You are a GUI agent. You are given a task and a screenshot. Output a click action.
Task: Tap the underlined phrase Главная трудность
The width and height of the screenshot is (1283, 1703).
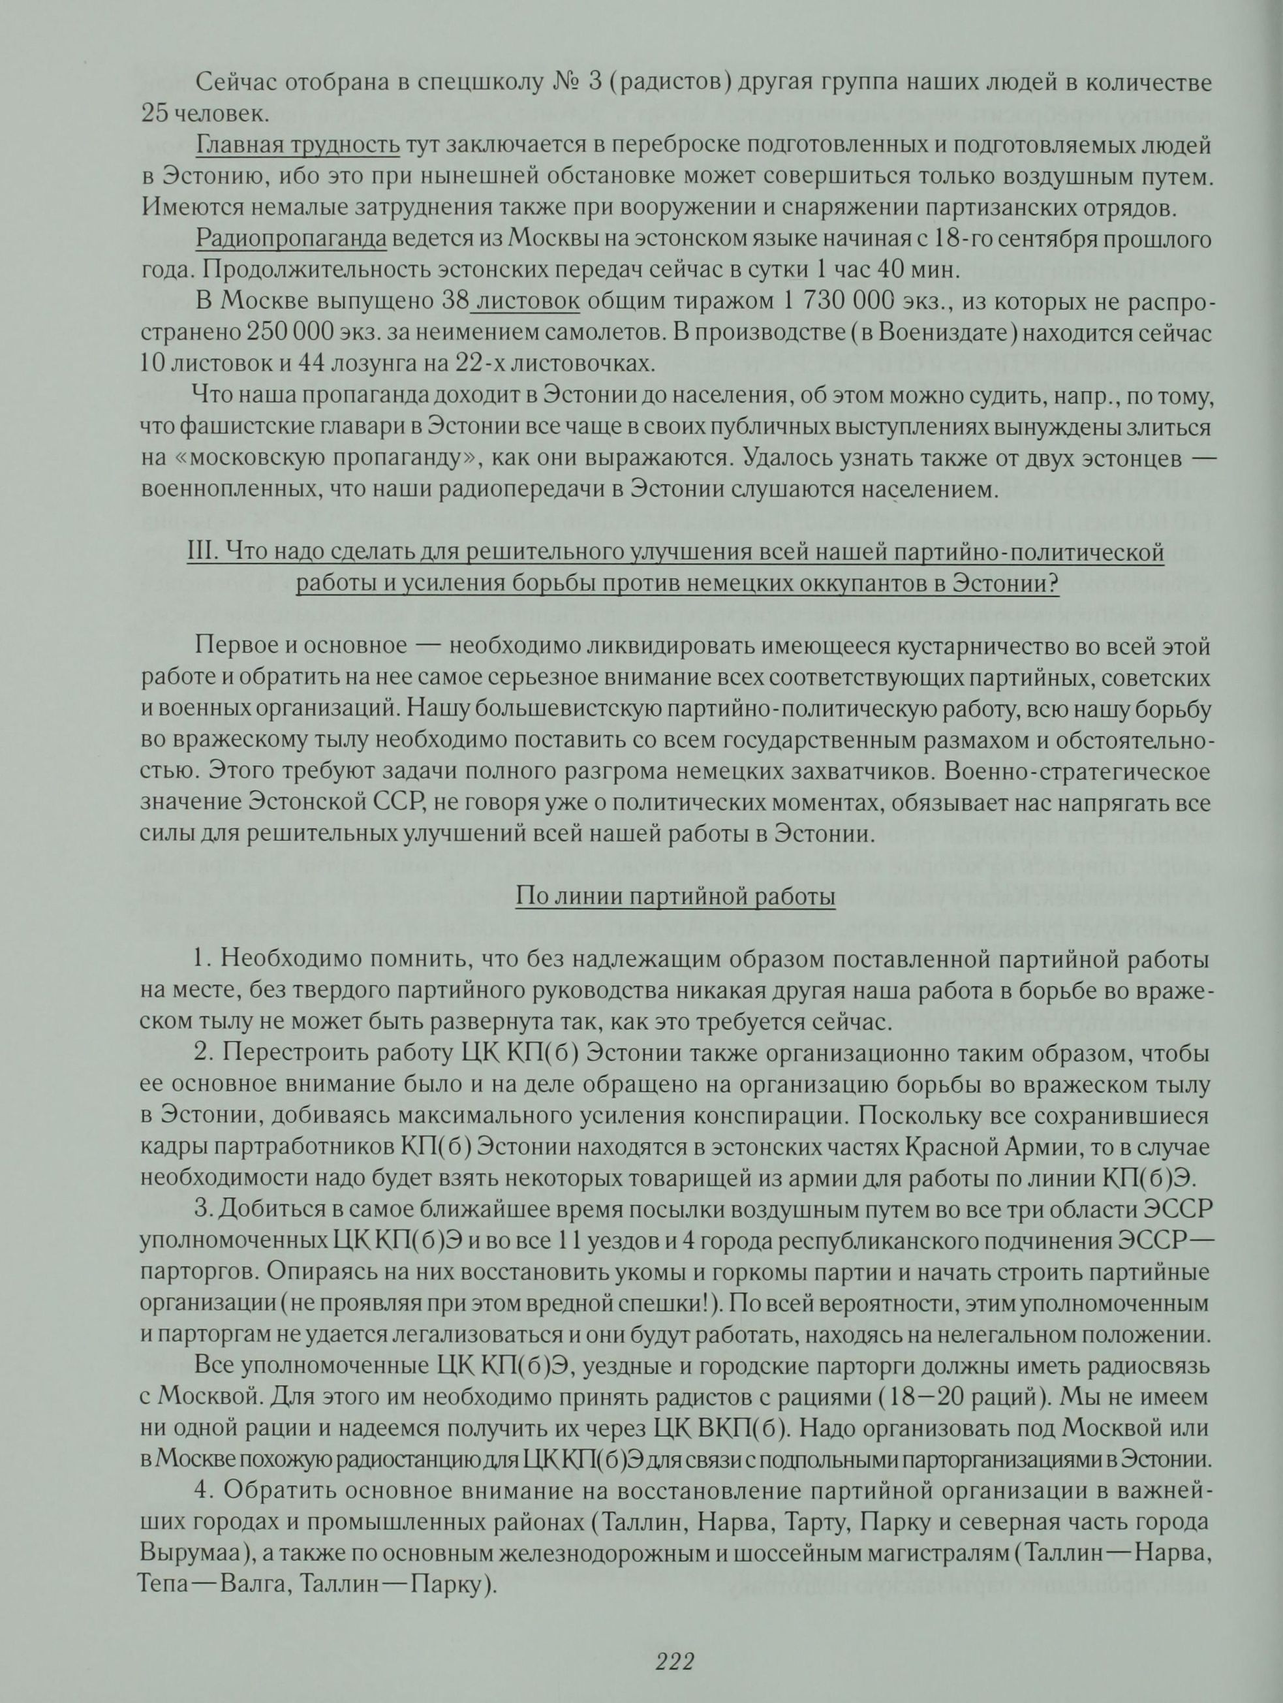coord(298,146)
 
